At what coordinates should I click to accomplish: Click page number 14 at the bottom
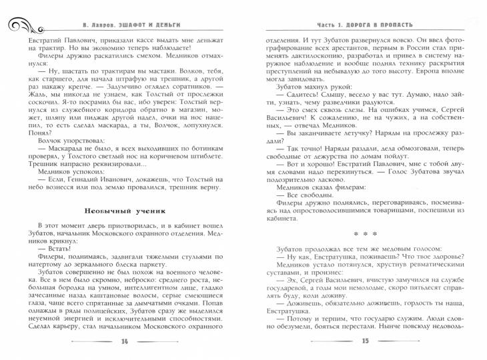click(124, 341)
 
